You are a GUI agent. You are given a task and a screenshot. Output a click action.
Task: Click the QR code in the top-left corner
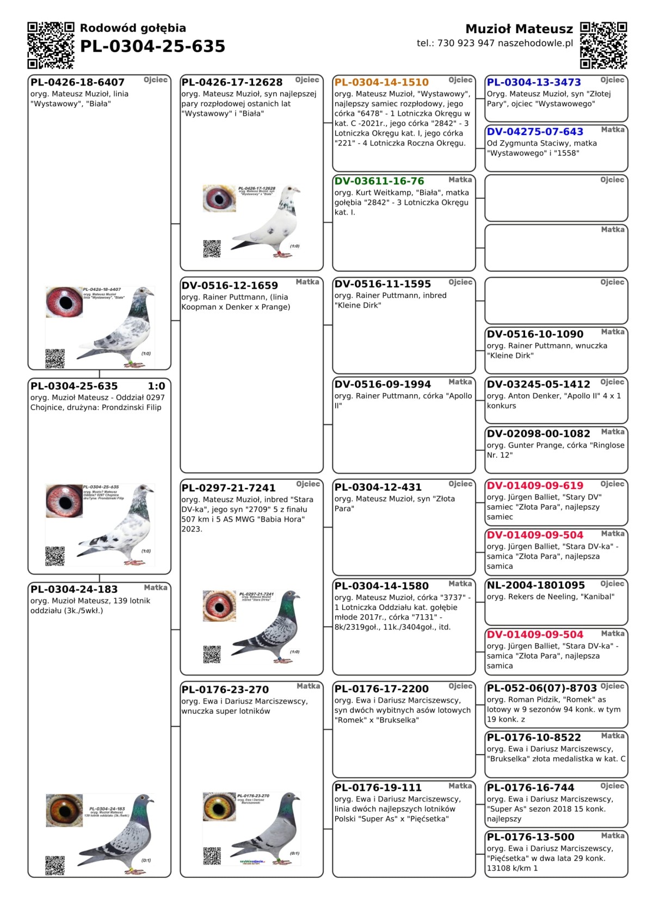tap(51, 45)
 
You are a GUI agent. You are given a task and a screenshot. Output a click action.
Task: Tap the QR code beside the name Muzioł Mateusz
tap(603, 45)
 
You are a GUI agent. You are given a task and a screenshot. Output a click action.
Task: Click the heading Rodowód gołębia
tap(133, 28)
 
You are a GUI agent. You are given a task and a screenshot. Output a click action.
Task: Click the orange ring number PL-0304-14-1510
tap(381, 82)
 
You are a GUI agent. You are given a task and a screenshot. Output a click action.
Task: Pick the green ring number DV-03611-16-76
tap(379, 181)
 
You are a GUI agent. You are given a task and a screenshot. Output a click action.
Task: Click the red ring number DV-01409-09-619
tap(535, 486)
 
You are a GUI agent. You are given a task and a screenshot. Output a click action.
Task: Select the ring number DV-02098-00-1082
tap(538, 434)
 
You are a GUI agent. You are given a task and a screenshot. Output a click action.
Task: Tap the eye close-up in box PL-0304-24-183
tap(64, 810)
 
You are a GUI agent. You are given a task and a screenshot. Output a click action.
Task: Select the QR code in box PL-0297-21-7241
tap(212, 654)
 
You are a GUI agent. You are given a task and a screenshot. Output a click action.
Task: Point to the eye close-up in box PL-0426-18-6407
tap(64, 302)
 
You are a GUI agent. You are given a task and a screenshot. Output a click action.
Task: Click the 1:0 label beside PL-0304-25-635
tap(156, 386)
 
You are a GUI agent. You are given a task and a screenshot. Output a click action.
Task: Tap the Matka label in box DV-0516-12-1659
tap(307, 282)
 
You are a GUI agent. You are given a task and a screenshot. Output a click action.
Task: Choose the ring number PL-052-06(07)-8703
tap(541, 688)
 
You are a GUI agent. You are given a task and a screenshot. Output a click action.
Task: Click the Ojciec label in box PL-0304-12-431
tap(460, 484)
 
